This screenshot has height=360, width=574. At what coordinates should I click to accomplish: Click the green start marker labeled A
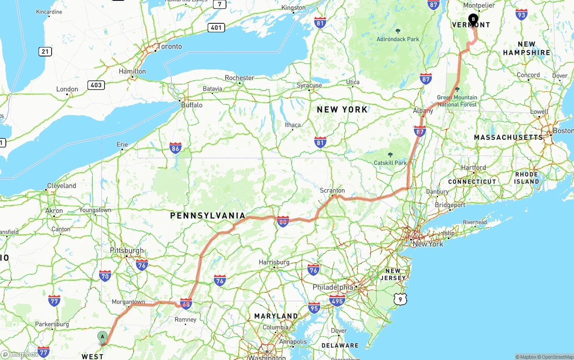[102, 337]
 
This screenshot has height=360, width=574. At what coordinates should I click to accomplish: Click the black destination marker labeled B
[473, 19]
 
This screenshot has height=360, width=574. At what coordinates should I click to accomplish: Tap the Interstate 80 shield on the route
[283, 221]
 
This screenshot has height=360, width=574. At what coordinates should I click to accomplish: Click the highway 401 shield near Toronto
[216, 28]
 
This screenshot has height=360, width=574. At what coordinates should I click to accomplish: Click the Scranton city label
[332, 190]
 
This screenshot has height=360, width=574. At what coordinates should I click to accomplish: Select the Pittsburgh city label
[127, 251]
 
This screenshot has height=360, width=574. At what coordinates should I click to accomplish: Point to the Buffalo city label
[191, 105]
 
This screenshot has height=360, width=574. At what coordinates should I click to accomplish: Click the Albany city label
[423, 111]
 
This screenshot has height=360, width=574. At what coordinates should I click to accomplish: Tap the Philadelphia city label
[333, 287]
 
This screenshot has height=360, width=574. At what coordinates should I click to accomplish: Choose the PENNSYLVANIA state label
[208, 216]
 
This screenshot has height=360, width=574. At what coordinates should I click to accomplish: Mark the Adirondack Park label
[398, 39]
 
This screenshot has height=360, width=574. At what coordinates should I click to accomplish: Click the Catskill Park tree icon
[390, 155]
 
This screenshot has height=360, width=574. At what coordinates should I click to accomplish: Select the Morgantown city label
[128, 302]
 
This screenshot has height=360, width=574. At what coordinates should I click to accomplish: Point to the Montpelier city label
[478, 5]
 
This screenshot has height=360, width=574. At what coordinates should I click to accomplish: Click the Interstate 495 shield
[337, 300]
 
